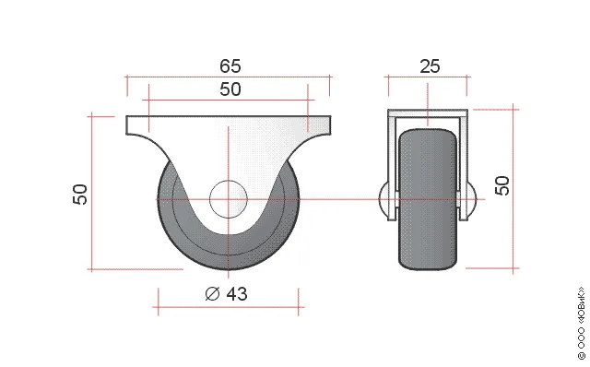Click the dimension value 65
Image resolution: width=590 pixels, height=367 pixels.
[x=230, y=66]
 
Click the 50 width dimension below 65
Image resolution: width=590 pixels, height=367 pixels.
[x=230, y=89]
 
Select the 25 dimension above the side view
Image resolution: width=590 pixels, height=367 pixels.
[x=430, y=66]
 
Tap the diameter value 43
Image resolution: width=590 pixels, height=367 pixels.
[x=237, y=294]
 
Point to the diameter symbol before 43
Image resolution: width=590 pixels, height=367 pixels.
[x=212, y=294]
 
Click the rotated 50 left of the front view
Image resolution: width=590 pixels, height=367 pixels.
[x=80, y=195]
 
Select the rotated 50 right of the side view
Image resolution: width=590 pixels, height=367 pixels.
[x=501, y=185]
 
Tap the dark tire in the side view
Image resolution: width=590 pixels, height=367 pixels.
[x=428, y=199]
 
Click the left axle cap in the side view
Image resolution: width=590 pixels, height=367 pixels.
[x=383, y=199]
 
